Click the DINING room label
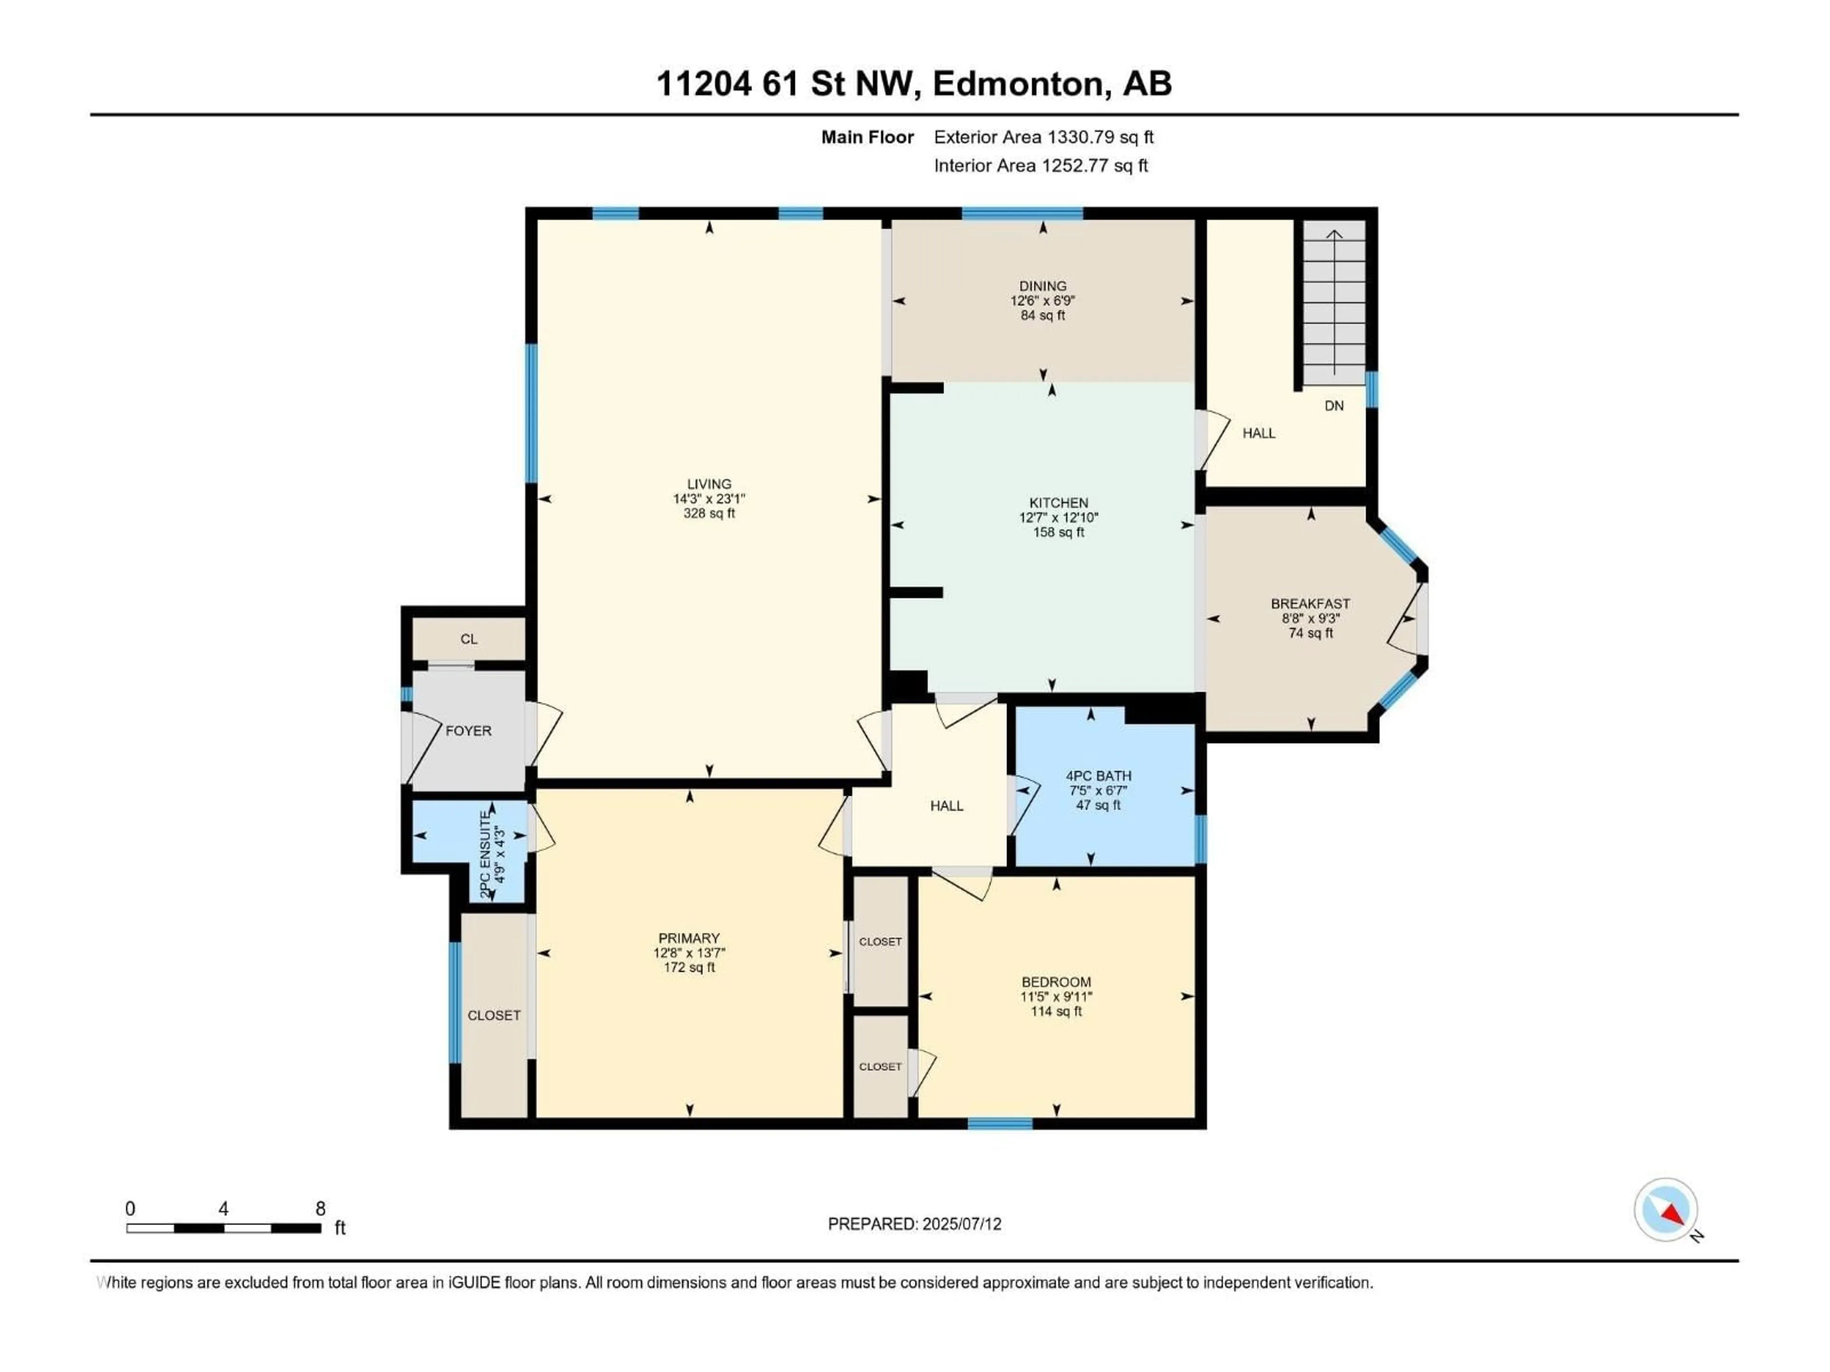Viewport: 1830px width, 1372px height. pos(1042,286)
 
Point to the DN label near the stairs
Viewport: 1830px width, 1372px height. pos(1333,406)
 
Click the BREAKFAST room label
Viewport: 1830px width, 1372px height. pos(1311,604)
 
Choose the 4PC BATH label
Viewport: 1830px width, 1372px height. pos(1098,776)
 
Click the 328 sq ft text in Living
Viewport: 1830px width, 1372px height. pos(709,514)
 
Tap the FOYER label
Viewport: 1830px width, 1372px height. pos(468,731)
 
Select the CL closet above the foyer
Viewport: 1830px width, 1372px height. pos(469,638)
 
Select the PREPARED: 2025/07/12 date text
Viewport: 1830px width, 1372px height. pos(914,1224)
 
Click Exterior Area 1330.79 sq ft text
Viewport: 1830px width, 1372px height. pos(1043,137)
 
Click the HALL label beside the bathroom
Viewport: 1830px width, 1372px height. pos(946,806)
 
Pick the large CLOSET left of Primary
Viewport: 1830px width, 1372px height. pos(494,1015)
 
